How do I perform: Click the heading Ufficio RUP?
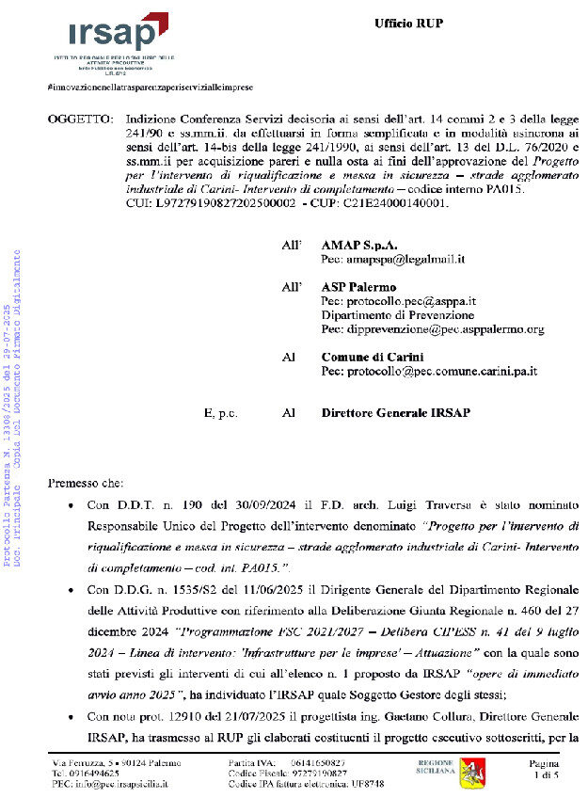tap(408, 23)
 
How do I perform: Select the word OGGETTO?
tap(80, 120)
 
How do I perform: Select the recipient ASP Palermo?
tap(358, 286)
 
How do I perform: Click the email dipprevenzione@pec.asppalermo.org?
tap(432, 329)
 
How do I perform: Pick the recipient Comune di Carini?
tap(373, 358)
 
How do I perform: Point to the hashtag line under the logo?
tap(149, 87)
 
